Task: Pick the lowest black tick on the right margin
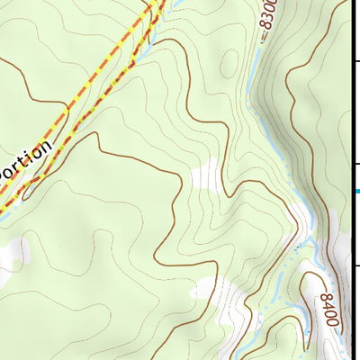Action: click(355, 266)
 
